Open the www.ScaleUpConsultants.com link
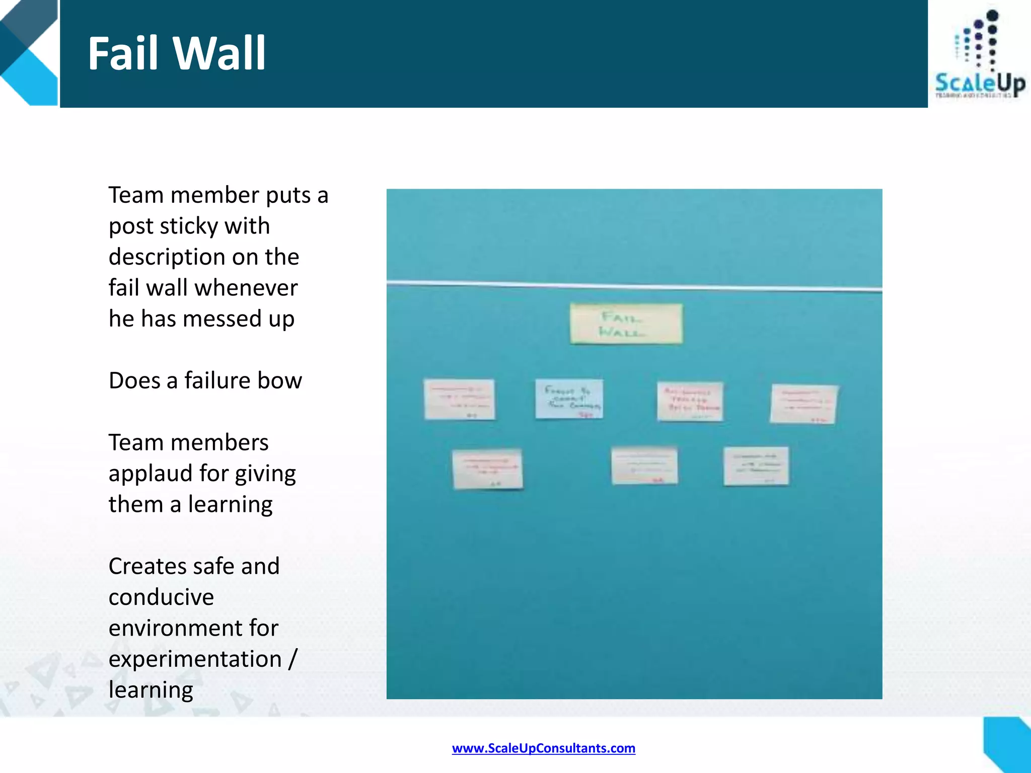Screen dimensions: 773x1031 [x=543, y=748]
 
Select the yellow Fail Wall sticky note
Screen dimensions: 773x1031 [x=626, y=324]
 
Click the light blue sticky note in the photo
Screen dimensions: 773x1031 [x=569, y=399]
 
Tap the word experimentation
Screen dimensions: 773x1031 [x=195, y=660]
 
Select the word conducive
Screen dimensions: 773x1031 [x=161, y=597]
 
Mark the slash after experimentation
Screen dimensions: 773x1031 [x=292, y=659]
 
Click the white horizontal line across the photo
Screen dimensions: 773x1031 [x=634, y=286]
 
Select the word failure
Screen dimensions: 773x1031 [x=217, y=380]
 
